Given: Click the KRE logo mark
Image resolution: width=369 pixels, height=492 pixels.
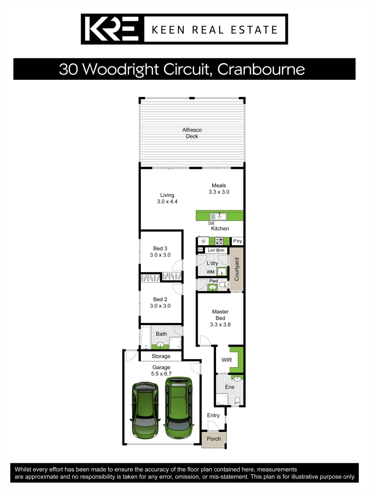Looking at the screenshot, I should tap(112, 30).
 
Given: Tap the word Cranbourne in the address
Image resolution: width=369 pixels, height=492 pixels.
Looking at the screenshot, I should tap(261, 69).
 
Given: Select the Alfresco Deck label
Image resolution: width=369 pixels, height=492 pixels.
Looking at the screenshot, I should tap(192, 133).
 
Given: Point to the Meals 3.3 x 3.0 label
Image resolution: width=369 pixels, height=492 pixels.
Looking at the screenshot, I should tap(219, 189).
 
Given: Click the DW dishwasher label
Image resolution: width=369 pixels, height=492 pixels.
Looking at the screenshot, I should tap(211, 224).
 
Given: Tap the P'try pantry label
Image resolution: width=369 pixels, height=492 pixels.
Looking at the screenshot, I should tap(237, 241).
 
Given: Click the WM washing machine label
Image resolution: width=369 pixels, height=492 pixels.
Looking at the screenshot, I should tap(210, 272).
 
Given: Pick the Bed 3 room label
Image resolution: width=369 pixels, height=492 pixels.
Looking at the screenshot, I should tap(160, 251).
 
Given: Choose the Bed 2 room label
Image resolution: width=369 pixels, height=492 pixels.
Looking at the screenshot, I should tap(160, 302).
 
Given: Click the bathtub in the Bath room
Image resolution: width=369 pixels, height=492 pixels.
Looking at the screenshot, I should tap(145, 338).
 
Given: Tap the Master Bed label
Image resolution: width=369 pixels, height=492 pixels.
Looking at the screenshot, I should tap(220, 318).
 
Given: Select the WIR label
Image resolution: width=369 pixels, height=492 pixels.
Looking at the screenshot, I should tap(226, 360).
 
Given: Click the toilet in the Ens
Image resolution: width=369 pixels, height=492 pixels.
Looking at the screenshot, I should tap(237, 401).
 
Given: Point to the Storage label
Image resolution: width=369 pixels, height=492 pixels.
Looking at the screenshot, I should tap(161, 356).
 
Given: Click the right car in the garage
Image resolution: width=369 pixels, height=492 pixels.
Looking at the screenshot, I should tap(178, 407).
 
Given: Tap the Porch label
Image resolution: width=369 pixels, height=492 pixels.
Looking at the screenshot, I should tap(214, 439).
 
